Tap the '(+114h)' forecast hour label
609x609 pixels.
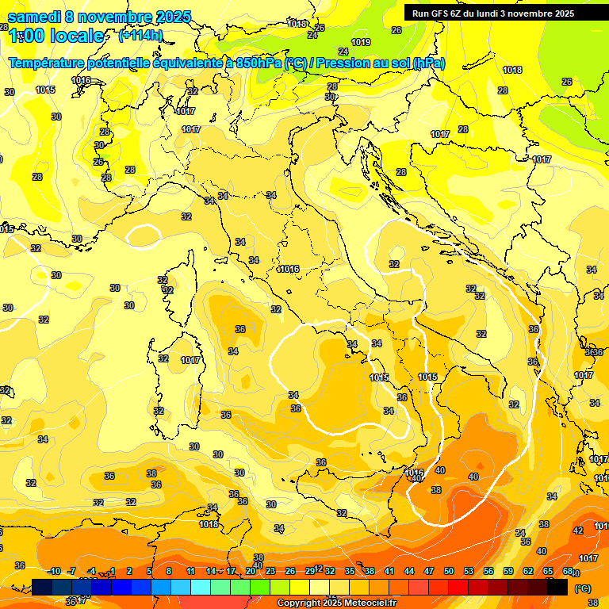click(140, 35)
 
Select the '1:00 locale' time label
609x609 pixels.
click(56, 36)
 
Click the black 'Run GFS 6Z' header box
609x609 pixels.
click(500, 13)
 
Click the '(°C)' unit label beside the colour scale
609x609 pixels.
click(581, 588)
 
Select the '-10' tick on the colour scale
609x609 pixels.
click(55, 571)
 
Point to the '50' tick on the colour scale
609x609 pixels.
click(449, 571)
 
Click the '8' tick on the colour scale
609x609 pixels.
click(169, 571)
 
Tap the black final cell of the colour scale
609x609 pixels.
click(557, 587)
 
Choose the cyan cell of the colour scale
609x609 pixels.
click(201, 587)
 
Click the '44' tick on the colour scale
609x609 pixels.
click(409, 571)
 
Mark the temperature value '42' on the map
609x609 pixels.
click(578, 530)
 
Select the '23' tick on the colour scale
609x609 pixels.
click(270, 571)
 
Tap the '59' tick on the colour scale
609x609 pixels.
click(508, 571)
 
